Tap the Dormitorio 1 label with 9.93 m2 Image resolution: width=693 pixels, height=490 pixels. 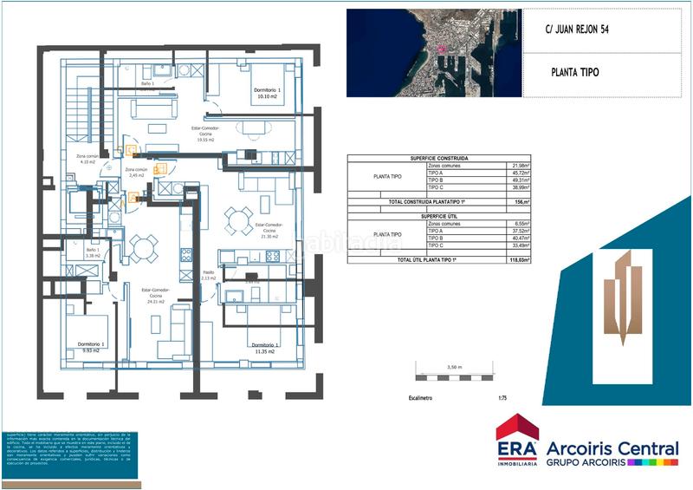(91, 348)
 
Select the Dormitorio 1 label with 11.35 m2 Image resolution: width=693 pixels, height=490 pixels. (262, 349)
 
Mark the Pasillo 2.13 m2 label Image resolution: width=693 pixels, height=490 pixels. (207, 275)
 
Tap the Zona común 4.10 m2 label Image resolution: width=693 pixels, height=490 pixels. (87, 159)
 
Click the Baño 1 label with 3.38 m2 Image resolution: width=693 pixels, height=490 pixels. (92, 253)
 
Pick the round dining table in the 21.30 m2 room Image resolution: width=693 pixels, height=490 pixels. (239, 219)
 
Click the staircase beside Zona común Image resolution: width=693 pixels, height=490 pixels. (79, 113)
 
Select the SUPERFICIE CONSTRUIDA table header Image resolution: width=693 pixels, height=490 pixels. (439, 159)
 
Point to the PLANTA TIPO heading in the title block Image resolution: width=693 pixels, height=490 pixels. (574, 73)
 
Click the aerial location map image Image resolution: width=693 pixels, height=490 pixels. (433, 52)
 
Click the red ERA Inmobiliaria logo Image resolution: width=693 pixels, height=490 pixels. (516, 441)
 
